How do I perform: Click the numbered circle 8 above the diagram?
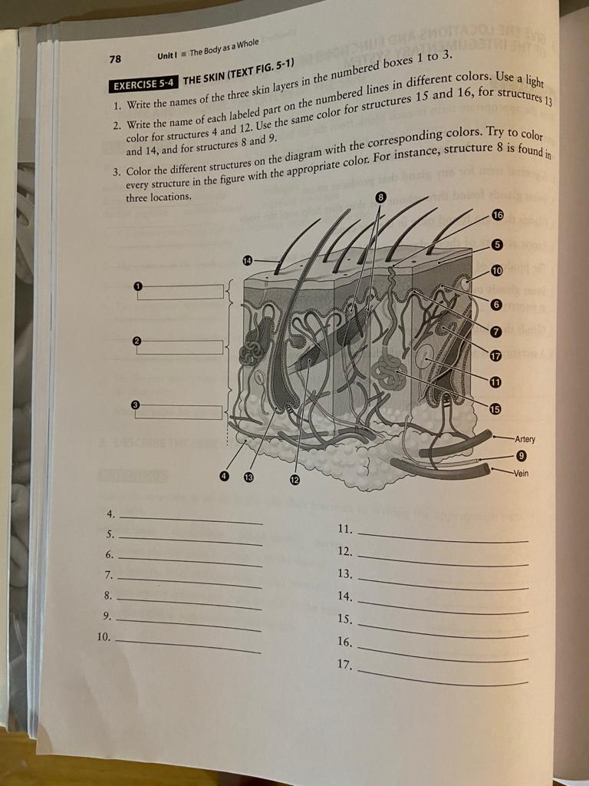click(x=381, y=198)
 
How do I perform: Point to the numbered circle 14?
click(x=248, y=261)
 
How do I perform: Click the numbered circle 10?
click(x=496, y=269)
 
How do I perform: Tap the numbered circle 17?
click(x=495, y=355)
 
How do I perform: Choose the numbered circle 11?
click(x=495, y=381)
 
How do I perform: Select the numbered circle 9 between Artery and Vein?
click(x=500, y=456)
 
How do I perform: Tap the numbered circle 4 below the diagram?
click(x=224, y=476)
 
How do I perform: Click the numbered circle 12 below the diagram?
click(x=294, y=480)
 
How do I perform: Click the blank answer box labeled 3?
click(x=181, y=412)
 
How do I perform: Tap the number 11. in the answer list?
click(x=345, y=529)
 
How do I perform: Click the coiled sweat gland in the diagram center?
click(x=389, y=372)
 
